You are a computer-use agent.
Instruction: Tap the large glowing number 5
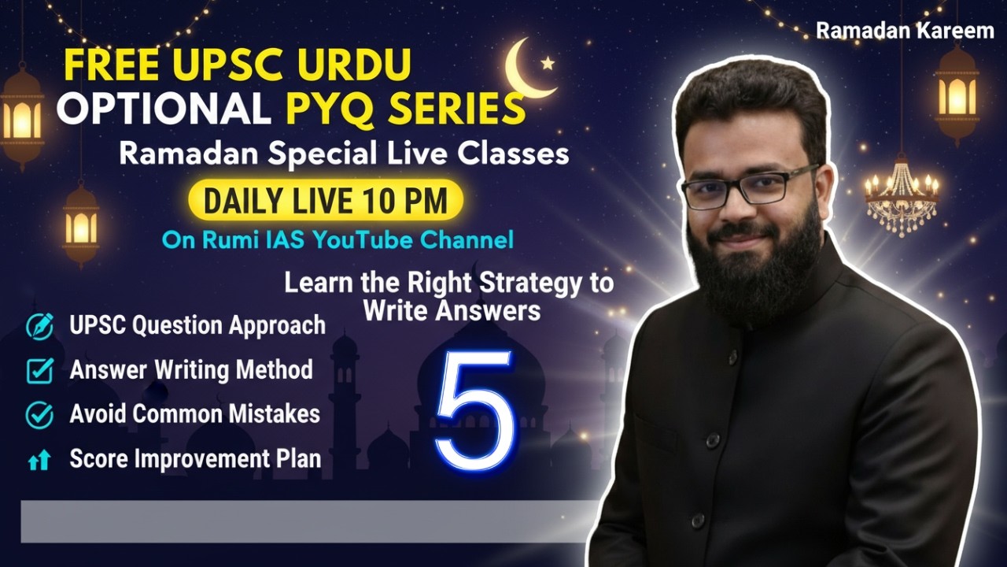click(474, 405)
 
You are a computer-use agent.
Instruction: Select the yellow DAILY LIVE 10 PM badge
click(325, 201)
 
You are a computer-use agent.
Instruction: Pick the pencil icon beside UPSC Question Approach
click(39, 325)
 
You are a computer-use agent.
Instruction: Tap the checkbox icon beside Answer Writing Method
click(39, 370)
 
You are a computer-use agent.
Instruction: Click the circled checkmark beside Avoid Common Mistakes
click(39, 414)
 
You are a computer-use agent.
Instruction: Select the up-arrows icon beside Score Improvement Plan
click(39, 461)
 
